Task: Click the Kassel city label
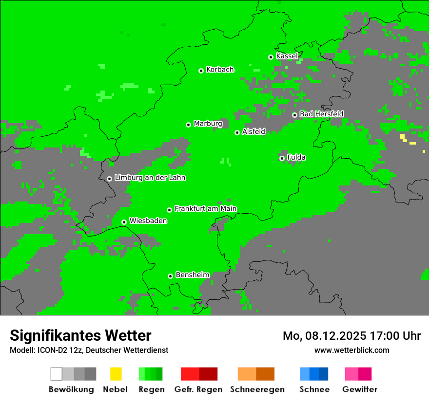(287, 56)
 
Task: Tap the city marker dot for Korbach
(201, 71)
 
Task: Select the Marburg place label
(208, 124)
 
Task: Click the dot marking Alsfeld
(237, 132)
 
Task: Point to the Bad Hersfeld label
(321, 114)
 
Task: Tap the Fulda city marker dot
(282, 158)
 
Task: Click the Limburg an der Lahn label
(150, 178)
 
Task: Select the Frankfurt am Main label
(205, 209)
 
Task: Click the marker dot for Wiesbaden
(124, 222)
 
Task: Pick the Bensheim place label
(192, 275)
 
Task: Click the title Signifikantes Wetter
(80, 335)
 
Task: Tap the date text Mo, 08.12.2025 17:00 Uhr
(351, 336)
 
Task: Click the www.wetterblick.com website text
(351, 350)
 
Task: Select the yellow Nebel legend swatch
(116, 374)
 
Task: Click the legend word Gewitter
(359, 389)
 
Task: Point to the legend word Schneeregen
(257, 389)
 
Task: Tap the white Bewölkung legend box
(57, 374)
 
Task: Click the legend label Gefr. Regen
(198, 389)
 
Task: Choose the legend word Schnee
(314, 389)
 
